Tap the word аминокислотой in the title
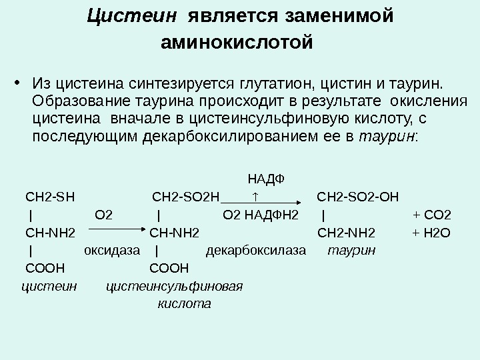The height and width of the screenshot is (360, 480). pyautogui.click(x=237, y=43)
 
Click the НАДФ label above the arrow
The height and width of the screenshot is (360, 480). pyautogui.click(x=265, y=179)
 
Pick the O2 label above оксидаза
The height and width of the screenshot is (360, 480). pyautogui.click(x=104, y=215)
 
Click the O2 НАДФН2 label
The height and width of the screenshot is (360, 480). pyautogui.click(x=261, y=215)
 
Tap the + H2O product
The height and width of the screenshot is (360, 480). pyautogui.click(x=432, y=233)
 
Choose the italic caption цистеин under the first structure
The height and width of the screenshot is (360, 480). pyautogui.click(x=49, y=287)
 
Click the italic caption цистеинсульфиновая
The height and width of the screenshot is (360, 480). pyautogui.click(x=175, y=287)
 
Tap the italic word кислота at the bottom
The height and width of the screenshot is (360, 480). pyautogui.click(x=184, y=305)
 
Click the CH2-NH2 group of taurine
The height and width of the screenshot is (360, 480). pyautogui.click(x=346, y=233)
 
